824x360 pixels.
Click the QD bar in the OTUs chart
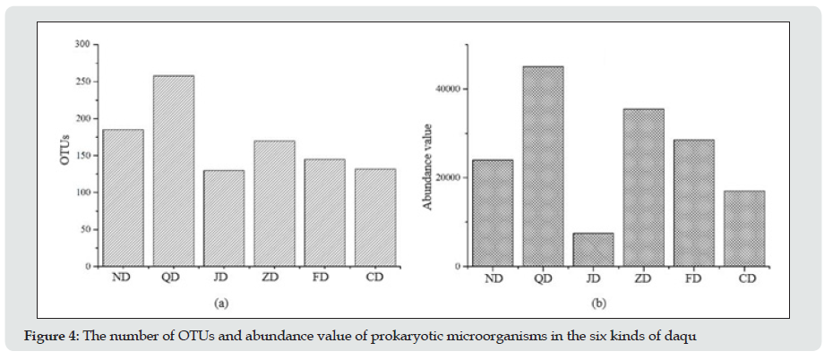coord(173,170)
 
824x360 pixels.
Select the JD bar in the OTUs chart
coord(223,218)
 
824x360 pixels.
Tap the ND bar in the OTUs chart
coord(123,197)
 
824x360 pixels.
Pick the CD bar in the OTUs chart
coord(375,218)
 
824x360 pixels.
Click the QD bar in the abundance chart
coord(543,166)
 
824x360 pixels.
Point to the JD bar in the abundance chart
coord(593,250)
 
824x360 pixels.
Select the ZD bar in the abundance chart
coord(643,187)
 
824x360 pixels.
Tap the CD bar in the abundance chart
coord(744,228)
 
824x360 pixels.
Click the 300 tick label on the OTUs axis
coord(82,44)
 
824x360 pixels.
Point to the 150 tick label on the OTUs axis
coord(82,155)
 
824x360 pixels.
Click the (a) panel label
coord(222,304)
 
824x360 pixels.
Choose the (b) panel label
coord(599,304)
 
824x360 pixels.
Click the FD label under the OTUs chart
coord(324,278)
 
